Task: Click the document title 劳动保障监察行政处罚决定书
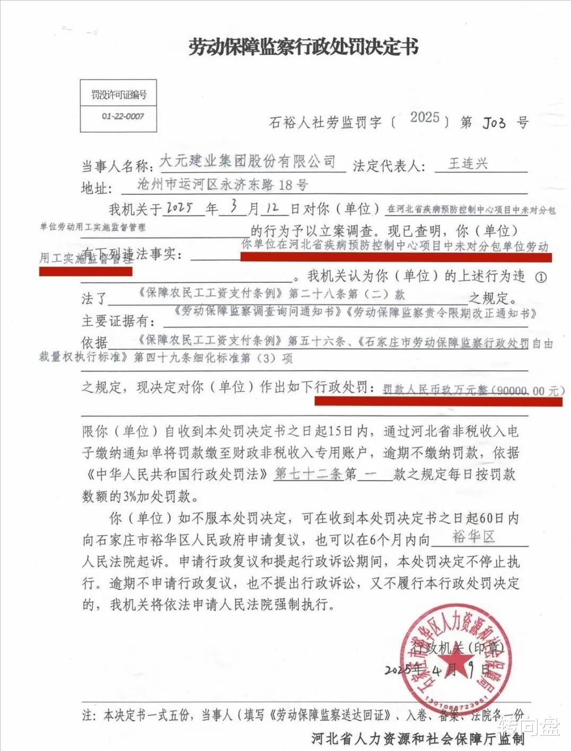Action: (x=303, y=48)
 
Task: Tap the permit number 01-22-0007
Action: (x=123, y=116)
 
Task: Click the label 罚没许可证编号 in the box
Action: (x=119, y=95)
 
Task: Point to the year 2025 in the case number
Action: (x=425, y=118)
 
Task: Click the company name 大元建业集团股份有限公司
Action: (x=248, y=161)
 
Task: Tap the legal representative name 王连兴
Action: (x=468, y=163)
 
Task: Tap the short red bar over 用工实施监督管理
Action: (x=85, y=271)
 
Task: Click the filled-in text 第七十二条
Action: (x=309, y=473)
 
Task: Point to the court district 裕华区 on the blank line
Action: (x=473, y=537)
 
